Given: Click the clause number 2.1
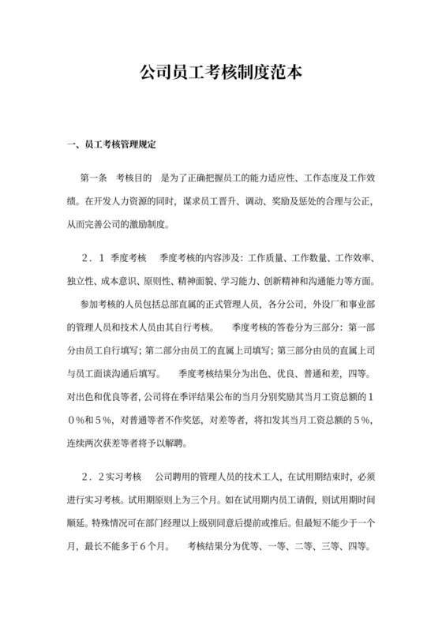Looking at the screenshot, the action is pos(93,258).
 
